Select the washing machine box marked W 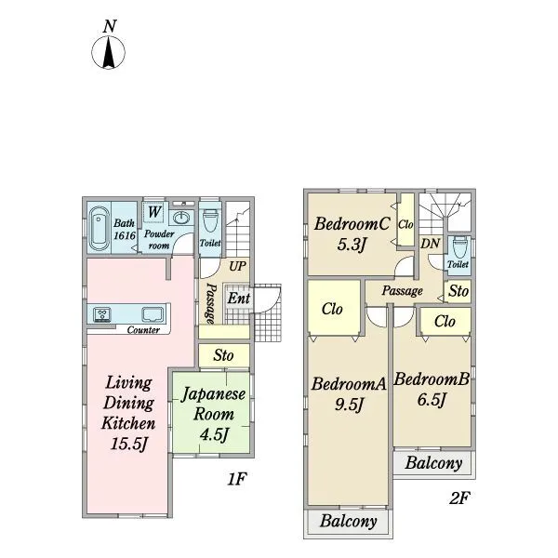(153, 212)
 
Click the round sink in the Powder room (182, 217)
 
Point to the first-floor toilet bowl (209, 221)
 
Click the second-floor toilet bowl (458, 248)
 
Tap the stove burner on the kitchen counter (102, 314)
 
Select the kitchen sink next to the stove (153, 314)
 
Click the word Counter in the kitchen (143, 330)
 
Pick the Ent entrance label (238, 299)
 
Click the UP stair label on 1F (237, 266)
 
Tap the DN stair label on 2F (431, 244)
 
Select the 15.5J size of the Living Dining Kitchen (128, 444)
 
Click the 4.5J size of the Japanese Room (213, 434)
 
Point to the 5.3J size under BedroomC (352, 245)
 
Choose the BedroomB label (432, 379)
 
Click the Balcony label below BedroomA (349, 521)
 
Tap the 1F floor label (236, 479)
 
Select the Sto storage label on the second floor (458, 291)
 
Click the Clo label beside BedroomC (405, 224)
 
